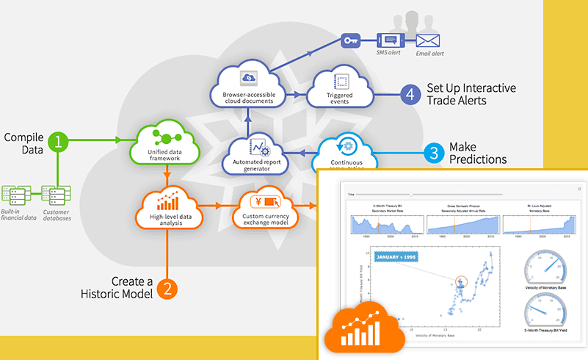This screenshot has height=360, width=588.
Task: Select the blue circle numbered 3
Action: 435,153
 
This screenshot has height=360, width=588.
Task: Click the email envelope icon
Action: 427,40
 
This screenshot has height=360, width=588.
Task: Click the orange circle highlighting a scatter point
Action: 461,282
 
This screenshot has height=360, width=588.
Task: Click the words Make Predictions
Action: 478,153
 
